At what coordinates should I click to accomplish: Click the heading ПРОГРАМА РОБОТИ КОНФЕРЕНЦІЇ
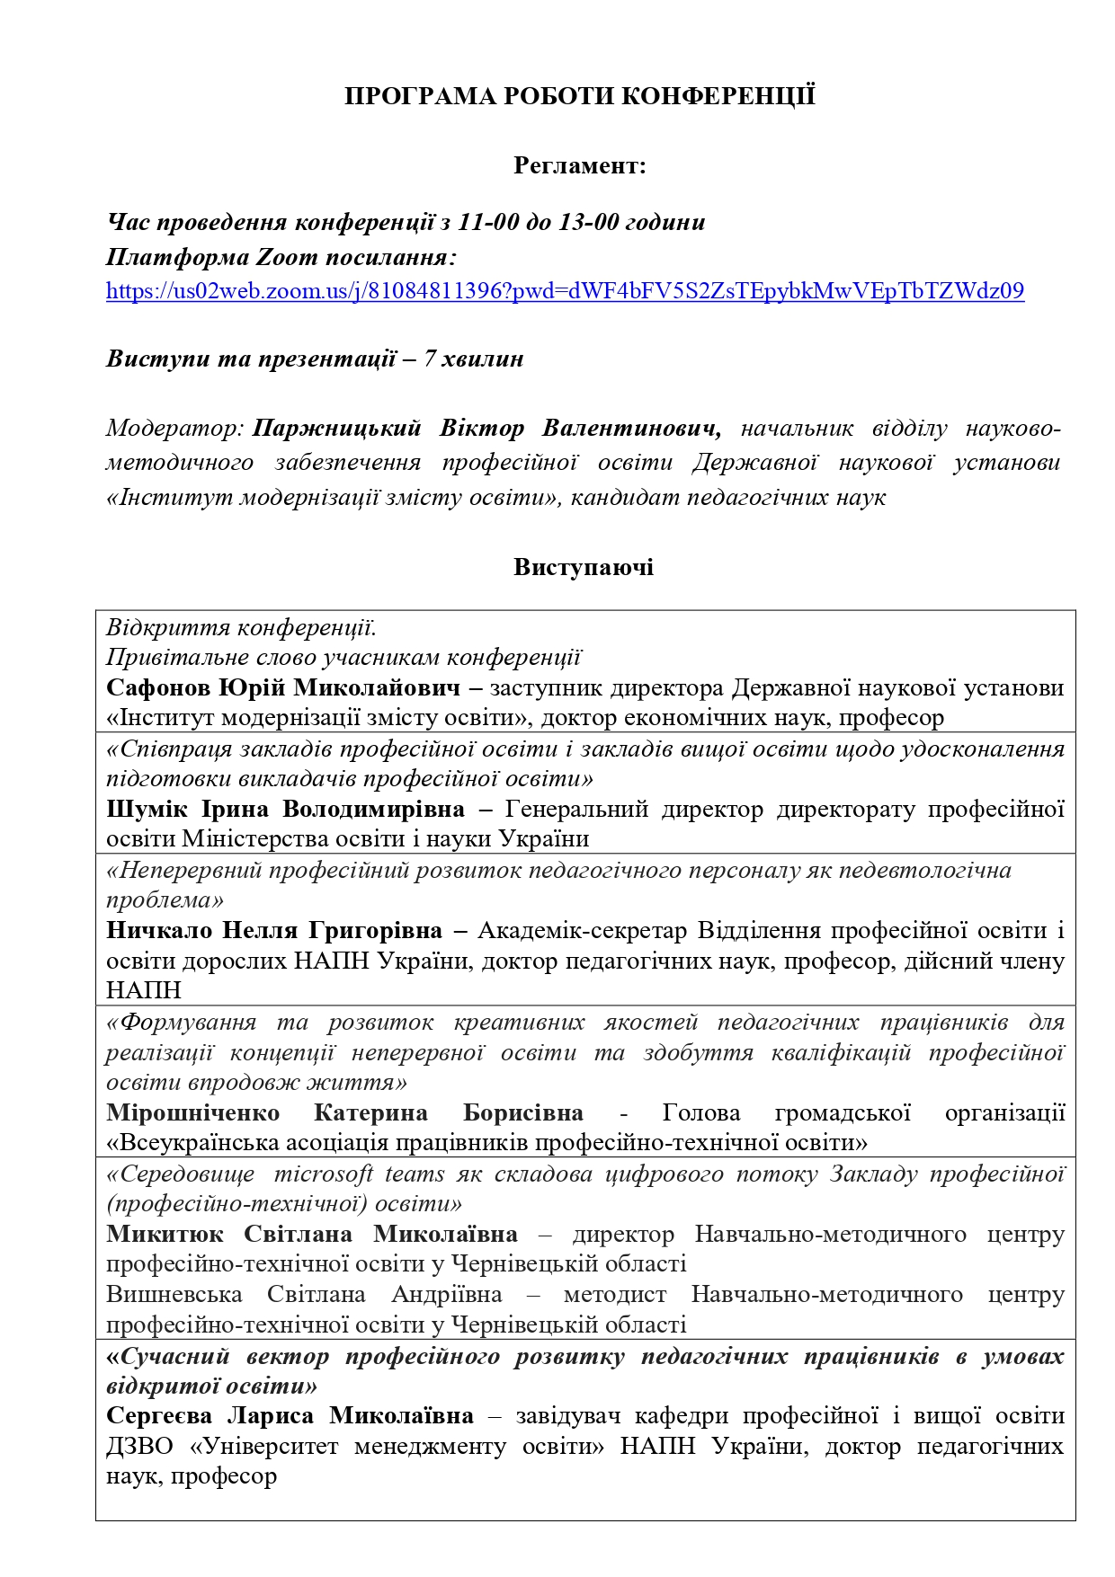[580, 97]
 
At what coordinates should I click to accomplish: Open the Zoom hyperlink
[565, 291]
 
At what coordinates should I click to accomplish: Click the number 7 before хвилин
[430, 359]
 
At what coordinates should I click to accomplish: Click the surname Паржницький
[336, 429]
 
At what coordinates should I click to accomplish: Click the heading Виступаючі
[584, 568]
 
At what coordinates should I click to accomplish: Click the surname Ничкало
[158, 931]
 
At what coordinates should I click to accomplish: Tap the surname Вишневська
[174, 1295]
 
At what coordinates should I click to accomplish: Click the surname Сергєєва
[159, 1416]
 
